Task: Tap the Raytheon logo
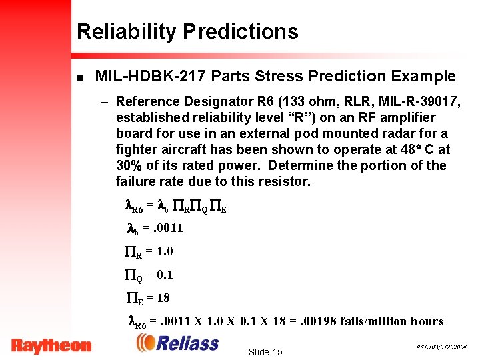click(x=51, y=345)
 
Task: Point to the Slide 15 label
click(x=265, y=352)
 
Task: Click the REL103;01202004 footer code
click(x=441, y=347)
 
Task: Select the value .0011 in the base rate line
click(x=167, y=228)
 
